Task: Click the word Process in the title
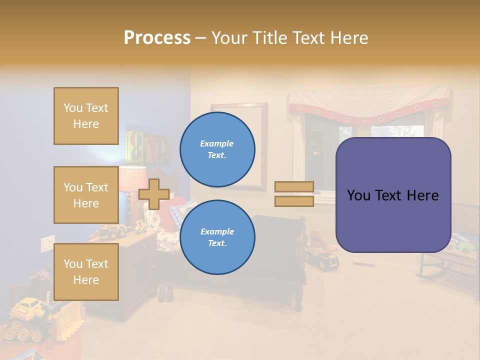157,38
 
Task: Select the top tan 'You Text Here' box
86,116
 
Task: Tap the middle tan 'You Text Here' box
86,195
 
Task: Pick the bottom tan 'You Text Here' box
86,272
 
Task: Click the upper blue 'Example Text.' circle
217,149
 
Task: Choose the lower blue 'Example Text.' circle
217,237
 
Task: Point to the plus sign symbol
154,194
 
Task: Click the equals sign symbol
294,194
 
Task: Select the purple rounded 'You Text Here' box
393,195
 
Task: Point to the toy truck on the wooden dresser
112,231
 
